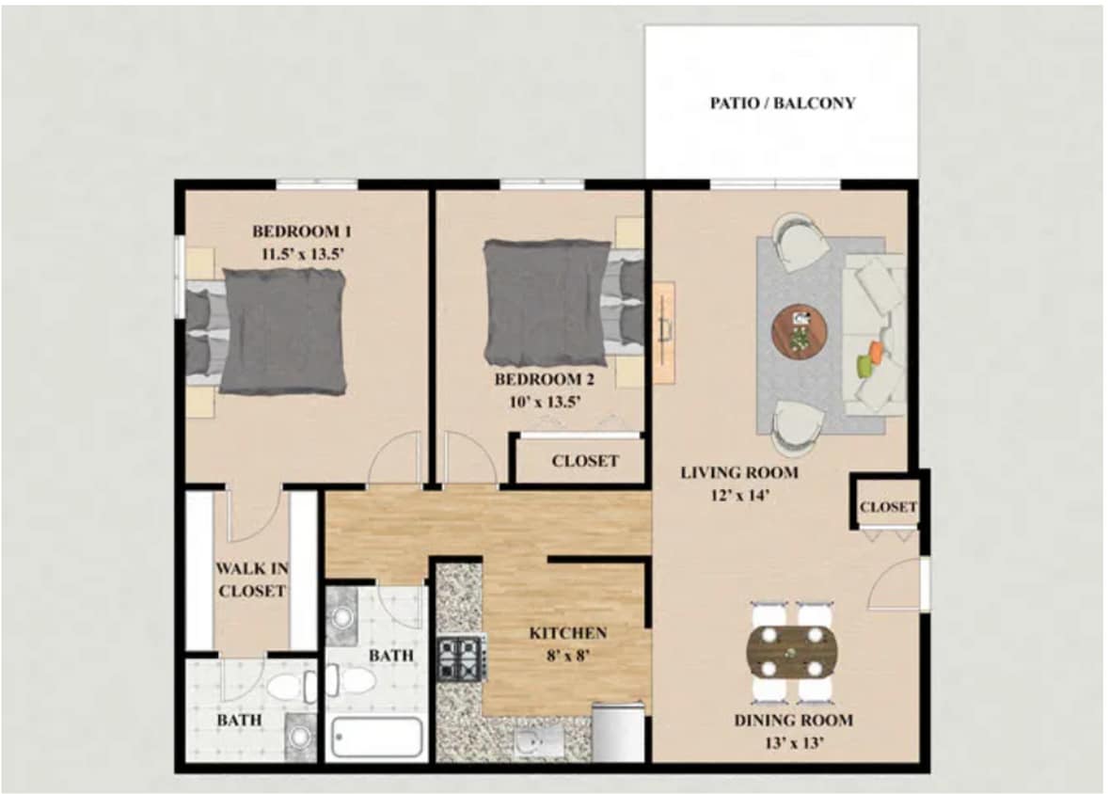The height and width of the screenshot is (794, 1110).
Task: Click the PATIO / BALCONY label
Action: pos(782,103)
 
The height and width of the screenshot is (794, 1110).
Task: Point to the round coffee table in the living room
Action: pos(800,331)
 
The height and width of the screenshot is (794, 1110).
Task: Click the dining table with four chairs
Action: pos(791,652)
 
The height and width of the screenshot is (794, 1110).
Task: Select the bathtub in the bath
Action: pos(375,738)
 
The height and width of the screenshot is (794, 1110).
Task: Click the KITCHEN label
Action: pos(567,633)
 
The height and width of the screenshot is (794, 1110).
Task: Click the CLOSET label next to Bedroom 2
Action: pos(585,461)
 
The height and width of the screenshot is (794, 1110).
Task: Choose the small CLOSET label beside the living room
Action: pos(888,507)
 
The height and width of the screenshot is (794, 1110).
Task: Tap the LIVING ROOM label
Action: pos(738,472)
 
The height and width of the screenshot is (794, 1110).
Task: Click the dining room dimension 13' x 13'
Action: pos(792,742)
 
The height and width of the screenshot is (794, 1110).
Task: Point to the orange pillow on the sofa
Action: pos(876,352)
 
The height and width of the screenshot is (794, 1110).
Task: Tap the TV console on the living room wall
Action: pos(664,332)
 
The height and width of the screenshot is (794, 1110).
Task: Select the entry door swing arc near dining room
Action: pos(895,583)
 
